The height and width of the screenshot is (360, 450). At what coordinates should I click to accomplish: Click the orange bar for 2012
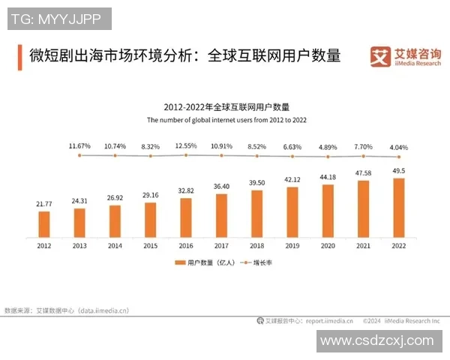44,223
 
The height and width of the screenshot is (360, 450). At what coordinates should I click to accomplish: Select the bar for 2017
221,214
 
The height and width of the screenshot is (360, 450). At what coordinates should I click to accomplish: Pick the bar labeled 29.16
151,219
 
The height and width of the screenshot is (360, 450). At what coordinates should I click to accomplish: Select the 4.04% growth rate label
398,147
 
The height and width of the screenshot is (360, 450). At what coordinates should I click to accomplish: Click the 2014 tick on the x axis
115,244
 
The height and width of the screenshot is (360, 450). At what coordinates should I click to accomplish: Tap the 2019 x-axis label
292,244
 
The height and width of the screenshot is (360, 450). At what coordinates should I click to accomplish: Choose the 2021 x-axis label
363,244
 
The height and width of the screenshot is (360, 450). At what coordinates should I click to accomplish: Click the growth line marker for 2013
79,154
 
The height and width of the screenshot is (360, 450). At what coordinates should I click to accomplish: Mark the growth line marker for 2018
256,156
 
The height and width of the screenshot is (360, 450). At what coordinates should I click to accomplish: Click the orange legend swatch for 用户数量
180,262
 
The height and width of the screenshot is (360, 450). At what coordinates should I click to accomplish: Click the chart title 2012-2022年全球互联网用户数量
221,107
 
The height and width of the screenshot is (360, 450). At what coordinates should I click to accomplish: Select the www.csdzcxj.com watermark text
376,342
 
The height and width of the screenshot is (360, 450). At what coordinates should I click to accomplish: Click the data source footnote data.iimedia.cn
67,309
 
